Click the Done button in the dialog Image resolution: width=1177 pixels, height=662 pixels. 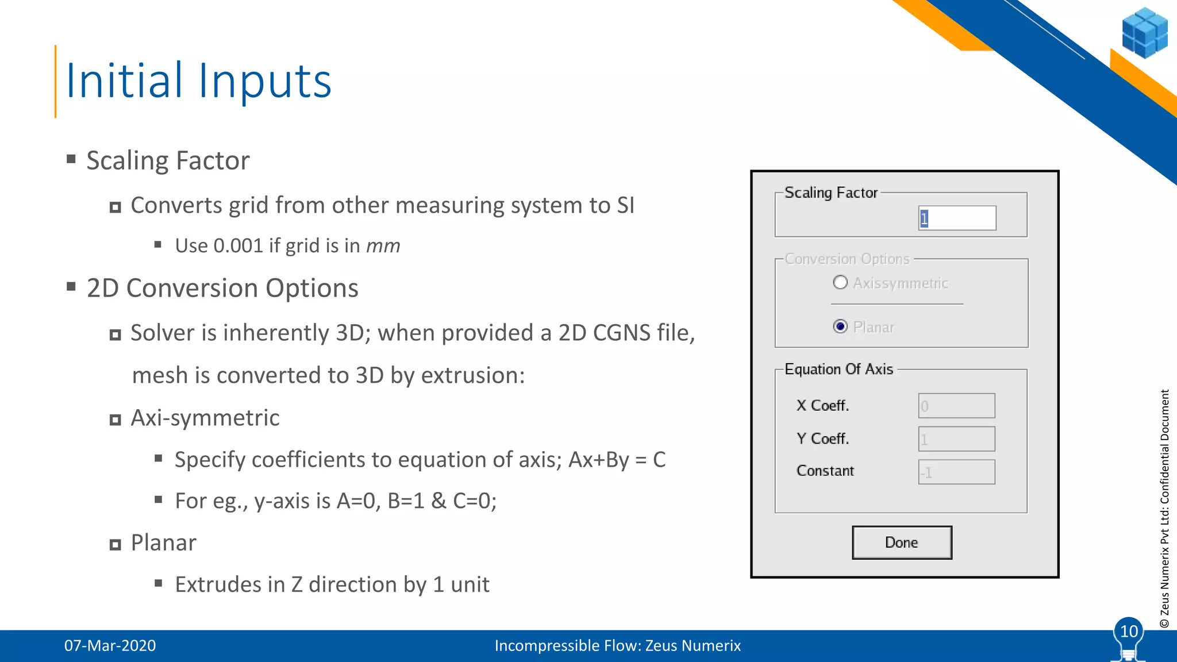(x=901, y=542)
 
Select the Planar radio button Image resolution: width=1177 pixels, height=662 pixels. (x=840, y=326)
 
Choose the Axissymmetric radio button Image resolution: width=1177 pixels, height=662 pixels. (x=840, y=282)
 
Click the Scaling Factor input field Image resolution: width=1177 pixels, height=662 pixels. (x=957, y=218)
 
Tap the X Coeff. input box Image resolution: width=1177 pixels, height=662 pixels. (x=956, y=406)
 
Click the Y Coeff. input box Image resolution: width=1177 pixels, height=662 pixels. (x=956, y=439)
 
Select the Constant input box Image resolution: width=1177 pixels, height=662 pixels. (x=956, y=472)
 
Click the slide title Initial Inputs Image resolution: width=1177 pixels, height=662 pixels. (x=198, y=80)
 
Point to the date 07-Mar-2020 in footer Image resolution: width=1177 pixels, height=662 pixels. (x=110, y=645)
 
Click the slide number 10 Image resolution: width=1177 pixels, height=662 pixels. (x=1129, y=632)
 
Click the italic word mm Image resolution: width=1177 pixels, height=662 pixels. (x=383, y=246)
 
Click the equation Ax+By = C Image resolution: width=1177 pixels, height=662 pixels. (x=617, y=460)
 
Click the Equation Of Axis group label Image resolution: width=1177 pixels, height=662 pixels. (x=838, y=369)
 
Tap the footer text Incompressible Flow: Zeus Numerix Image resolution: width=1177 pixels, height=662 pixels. (x=617, y=645)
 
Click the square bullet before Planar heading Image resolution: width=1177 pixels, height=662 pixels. (x=116, y=544)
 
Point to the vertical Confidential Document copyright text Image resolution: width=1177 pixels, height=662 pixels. (x=1164, y=509)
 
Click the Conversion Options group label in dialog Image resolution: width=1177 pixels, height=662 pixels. (x=847, y=259)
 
